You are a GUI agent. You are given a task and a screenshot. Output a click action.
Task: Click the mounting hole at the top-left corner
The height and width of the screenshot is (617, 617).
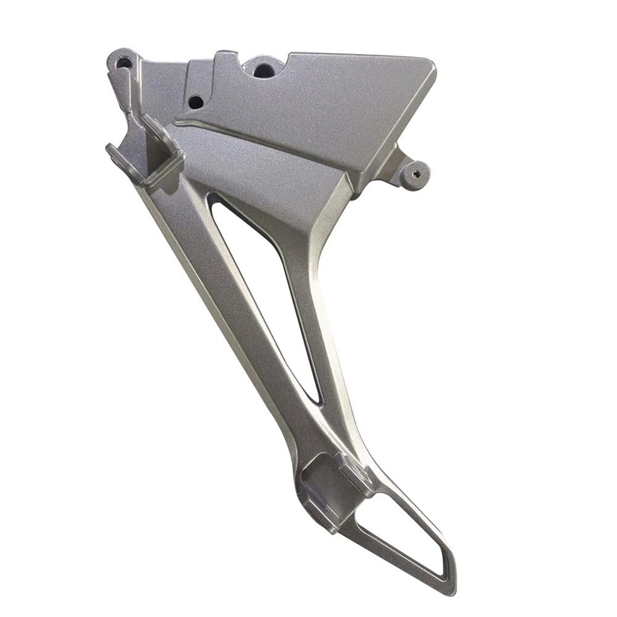click(x=124, y=61)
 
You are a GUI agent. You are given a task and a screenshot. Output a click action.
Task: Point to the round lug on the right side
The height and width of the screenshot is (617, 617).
click(x=416, y=175)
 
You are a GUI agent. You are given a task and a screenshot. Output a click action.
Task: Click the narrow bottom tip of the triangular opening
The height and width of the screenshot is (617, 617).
click(x=316, y=398)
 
